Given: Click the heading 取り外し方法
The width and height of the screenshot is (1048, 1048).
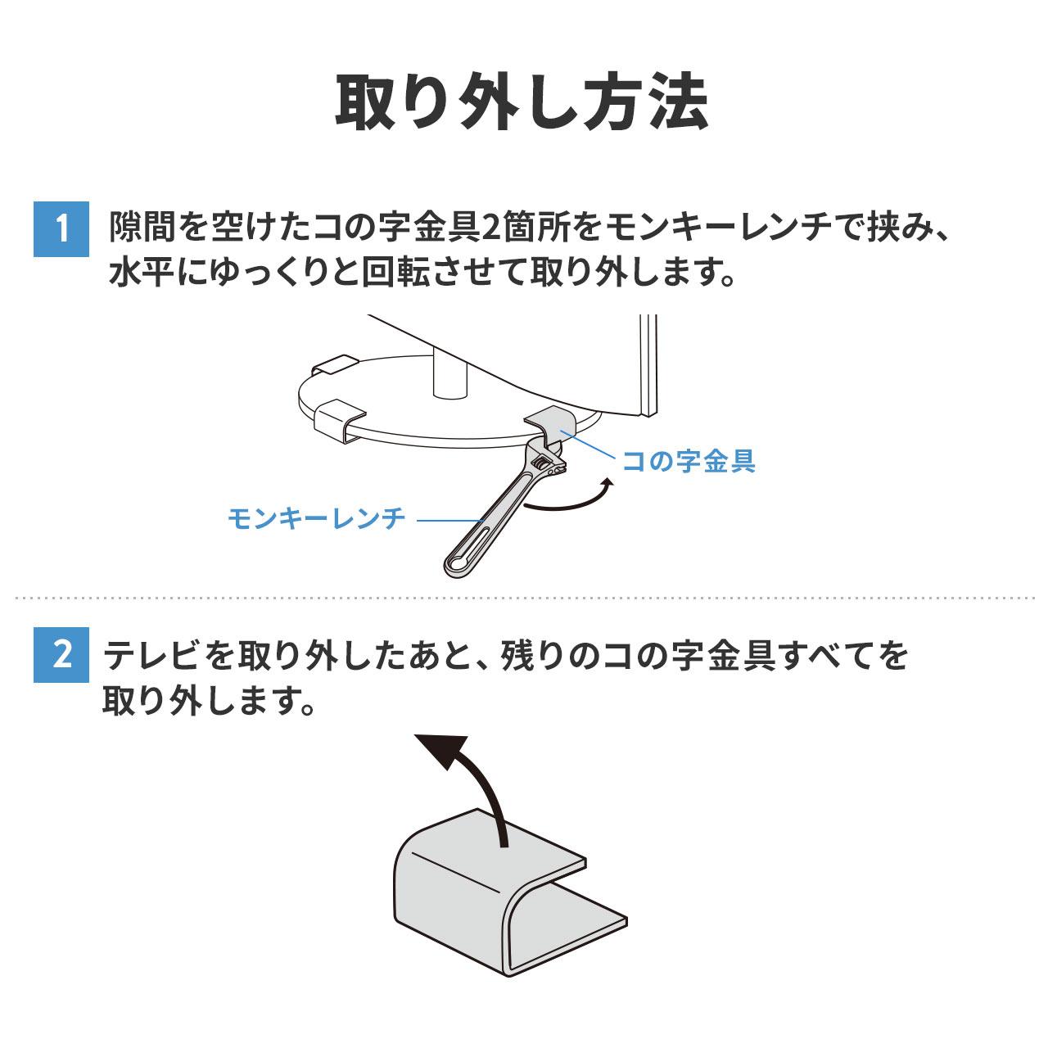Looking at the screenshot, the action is pyautogui.click(x=522, y=102).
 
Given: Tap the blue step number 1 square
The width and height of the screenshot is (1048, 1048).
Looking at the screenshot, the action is pyautogui.click(x=61, y=229).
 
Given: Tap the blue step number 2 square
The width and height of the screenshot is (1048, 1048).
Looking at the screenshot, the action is pyautogui.click(x=61, y=655).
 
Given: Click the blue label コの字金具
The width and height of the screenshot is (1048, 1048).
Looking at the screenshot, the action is pyautogui.click(x=689, y=461).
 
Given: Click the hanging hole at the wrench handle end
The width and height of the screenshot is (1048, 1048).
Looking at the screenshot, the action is pyautogui.click(x=456, y=564).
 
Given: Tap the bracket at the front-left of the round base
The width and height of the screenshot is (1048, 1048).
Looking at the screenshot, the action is pyautogui.click(x=339, y=420).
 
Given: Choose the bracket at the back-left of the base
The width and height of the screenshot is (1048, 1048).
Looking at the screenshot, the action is pyautogui.click(x=335, y=364).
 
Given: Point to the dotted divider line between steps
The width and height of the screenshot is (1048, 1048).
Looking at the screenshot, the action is pyautogui.click(x=524, y=598).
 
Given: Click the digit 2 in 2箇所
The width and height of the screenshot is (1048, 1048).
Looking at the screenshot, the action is pyautogui.click(x=490, y=228).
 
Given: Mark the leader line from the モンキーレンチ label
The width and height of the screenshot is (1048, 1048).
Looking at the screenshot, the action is pyautogui.click(x=451, y=521).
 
